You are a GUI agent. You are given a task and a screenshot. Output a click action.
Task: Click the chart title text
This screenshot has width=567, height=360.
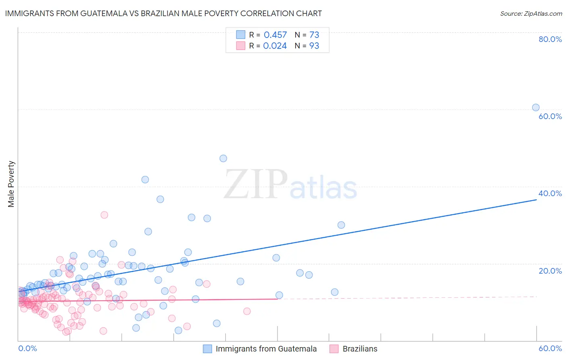pos(163,13)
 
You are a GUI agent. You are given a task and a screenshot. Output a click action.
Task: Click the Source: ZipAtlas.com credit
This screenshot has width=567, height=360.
pos(531,13)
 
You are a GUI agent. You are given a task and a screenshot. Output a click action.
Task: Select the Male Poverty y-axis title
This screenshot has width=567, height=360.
pos(11,184)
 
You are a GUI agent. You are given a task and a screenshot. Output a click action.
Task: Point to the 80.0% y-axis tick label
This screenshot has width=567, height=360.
pos(550,39)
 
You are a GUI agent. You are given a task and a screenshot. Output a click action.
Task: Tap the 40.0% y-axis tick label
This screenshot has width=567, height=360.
pos(550,193)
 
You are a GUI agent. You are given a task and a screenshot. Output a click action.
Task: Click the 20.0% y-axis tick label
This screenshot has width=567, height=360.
pos(550,271)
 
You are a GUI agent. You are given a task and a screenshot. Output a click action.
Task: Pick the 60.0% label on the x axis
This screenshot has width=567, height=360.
pos(550,348)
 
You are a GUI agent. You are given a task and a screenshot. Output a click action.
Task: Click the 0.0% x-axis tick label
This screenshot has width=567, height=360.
pos(27,348)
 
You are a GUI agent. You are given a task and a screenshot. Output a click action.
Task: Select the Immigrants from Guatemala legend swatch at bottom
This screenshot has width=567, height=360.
pos(207,349)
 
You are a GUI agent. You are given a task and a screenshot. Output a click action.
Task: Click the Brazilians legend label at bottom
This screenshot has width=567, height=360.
pos(360,349)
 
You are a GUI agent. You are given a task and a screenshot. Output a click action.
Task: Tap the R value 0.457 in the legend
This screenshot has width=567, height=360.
pos(275,35)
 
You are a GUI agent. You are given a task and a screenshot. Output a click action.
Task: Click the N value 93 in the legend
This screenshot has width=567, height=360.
pos(314,46)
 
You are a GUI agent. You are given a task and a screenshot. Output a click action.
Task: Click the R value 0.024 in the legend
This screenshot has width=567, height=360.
pos(275,46)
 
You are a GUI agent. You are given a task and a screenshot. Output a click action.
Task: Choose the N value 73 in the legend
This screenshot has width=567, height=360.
pos(314,35)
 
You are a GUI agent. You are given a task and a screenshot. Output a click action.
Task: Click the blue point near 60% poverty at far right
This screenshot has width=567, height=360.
pos(536,107)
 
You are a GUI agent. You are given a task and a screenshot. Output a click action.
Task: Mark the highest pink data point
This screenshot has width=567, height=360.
pos(104,215)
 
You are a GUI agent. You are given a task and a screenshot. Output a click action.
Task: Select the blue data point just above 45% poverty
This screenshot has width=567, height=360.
pos(223,158)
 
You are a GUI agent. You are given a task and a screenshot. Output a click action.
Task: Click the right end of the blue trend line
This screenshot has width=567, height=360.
pos(536,199)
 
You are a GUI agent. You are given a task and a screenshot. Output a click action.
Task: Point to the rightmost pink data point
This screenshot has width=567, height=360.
pos(247,311)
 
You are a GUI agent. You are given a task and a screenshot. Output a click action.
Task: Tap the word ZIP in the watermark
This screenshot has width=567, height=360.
pos(255,184)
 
